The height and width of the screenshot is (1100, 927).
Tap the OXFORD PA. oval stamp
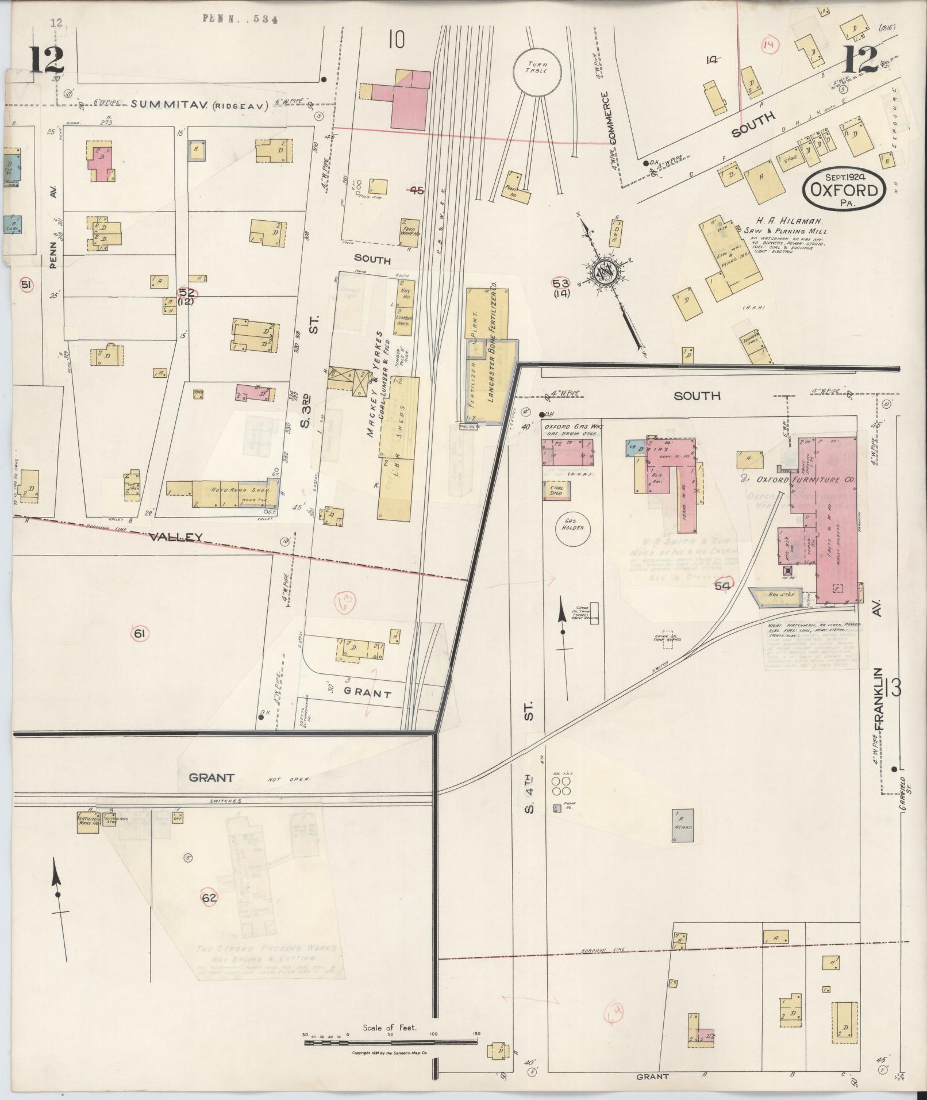(844, 189)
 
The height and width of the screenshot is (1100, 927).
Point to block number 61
(139, 634)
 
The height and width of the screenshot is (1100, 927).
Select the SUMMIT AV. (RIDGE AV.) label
(199, 105)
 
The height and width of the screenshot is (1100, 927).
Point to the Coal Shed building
(553, 489)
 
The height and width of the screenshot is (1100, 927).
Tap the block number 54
(723, 585)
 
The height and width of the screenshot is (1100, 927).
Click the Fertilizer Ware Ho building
(89, 821)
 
